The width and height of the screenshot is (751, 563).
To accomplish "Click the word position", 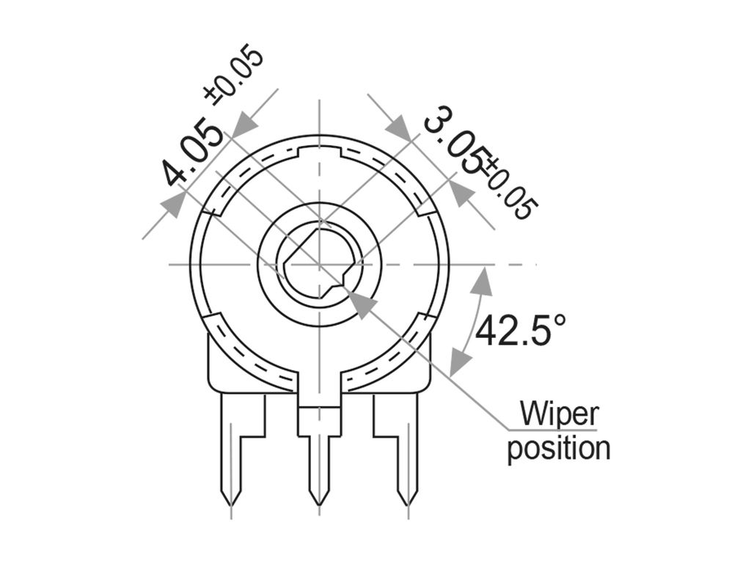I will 559,448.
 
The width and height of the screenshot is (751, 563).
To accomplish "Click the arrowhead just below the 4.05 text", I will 172,203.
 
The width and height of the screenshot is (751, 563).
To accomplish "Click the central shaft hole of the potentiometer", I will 319,263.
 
